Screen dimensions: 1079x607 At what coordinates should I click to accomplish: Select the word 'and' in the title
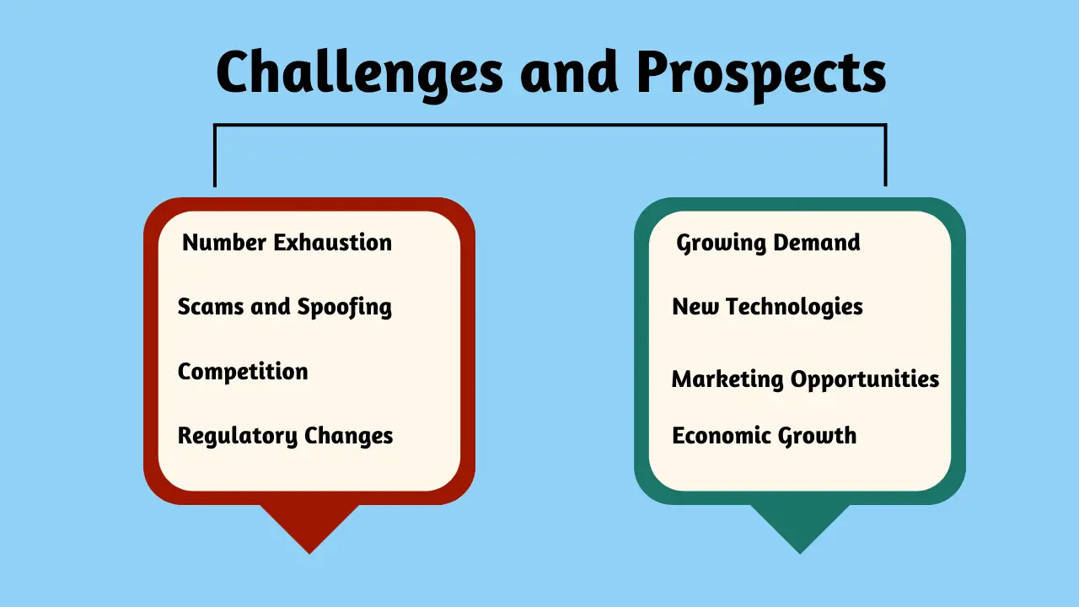[x=569, y=73]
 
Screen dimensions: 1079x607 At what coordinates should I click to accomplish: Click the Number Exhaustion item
[x=287, y=242]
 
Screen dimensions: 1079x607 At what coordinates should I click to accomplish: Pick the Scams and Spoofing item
[x=285, y=308]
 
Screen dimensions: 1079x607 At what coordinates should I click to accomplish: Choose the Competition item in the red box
[x=243, y=372]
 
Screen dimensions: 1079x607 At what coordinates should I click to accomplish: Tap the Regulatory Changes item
[x=285, y=437]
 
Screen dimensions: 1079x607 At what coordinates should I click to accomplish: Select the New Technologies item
[x=767, y=308]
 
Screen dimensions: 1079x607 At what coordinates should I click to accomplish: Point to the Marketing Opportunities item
[x=805, y=379]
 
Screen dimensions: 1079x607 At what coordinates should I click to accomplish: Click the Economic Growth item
[x=765, y=437]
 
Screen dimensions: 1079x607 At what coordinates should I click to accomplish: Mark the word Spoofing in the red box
[x=345, y=308]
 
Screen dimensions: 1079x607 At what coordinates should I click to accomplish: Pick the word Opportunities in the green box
[x=865, y=379]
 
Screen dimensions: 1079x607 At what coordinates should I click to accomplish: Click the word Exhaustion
[x=333, y=242]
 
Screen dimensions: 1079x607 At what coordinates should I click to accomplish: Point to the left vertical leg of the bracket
[x=215, y=156]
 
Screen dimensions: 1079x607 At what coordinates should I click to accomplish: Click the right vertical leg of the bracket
[x=885, y=156]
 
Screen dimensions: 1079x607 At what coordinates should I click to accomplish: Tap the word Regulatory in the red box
[x=238, y=437]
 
